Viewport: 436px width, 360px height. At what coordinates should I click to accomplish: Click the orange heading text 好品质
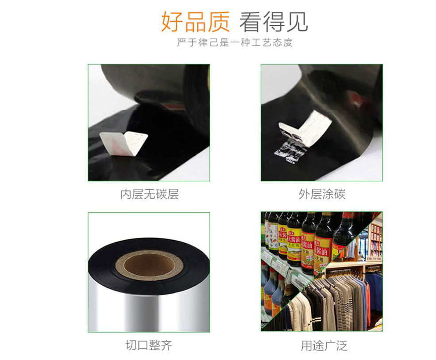point(195,22)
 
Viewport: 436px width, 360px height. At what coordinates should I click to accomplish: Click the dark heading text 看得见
point(273,22)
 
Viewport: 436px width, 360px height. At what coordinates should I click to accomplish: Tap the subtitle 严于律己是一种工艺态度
point(235,43)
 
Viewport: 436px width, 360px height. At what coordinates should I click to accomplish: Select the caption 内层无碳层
point(149,195)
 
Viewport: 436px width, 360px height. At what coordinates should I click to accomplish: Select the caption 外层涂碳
point(322,195)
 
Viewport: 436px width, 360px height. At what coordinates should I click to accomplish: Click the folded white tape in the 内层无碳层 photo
point(124,144)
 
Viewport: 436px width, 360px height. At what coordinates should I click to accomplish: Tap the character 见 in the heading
point(297,22)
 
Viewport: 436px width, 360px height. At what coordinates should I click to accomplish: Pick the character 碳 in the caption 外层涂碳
point(340,195)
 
